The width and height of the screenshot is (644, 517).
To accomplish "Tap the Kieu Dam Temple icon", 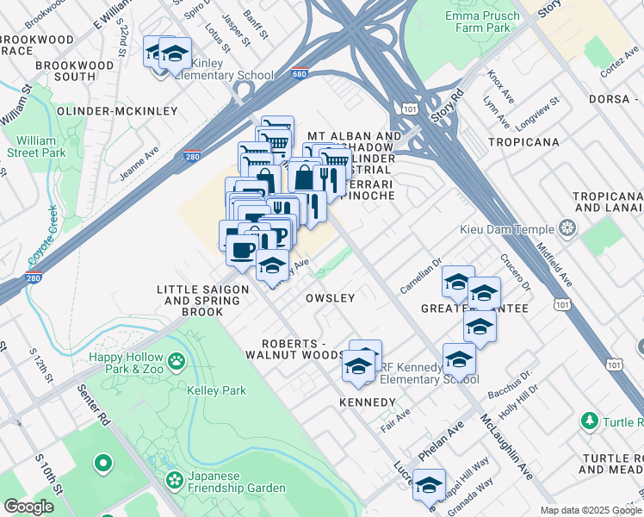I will click(x=567, y=228).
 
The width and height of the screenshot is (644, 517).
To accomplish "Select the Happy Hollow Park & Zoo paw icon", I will click(x=177, y=361).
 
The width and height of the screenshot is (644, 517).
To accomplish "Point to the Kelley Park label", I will click(x=216, y=390).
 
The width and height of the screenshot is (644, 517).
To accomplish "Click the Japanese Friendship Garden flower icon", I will click(x=175, y=479).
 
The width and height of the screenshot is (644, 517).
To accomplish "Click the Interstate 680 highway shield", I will click(x=300, y=75).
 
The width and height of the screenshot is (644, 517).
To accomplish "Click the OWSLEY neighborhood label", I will click(x=331, y=298).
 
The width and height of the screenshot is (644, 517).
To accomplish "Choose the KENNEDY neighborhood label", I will click(x=368, y=402).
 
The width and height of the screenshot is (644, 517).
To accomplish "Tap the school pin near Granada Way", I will click(x=428, y=487).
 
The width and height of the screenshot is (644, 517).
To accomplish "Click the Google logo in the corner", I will click(x=28, y=507).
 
